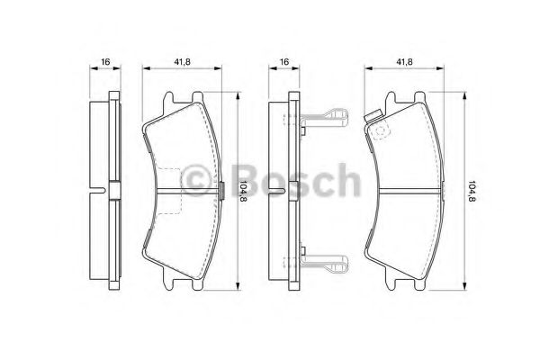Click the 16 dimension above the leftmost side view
click(x=105, y=61)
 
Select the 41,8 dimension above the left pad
click(x=181, y=61)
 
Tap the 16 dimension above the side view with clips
click(x=283, y=61)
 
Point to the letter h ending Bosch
click(x=339, y=180)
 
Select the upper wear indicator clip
click(x=325, y=116)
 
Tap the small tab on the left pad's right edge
click(x=222, y=189)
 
